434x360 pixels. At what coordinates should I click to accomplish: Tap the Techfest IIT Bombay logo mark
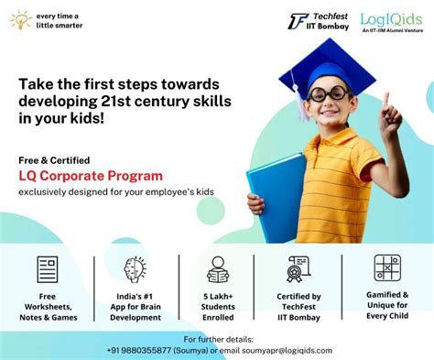coord(298,21)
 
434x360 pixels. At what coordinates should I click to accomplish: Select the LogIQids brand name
coord(391,18)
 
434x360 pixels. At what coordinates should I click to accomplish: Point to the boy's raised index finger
coord(385,99)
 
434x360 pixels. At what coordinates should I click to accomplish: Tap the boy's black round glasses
coord(329,93)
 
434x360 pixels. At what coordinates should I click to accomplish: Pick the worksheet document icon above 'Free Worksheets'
coord(48,269)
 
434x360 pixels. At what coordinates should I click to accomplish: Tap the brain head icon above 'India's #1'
coord(136,269)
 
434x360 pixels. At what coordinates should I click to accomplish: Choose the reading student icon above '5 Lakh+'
coord(218,269)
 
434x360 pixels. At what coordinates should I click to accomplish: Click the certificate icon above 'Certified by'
coord(298,268)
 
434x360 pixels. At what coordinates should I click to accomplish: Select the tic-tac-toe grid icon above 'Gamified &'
coord(386,267)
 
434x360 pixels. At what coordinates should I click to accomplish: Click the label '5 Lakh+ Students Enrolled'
coord(218,307)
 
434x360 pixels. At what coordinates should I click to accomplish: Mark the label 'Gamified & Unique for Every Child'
coord(386,306)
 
